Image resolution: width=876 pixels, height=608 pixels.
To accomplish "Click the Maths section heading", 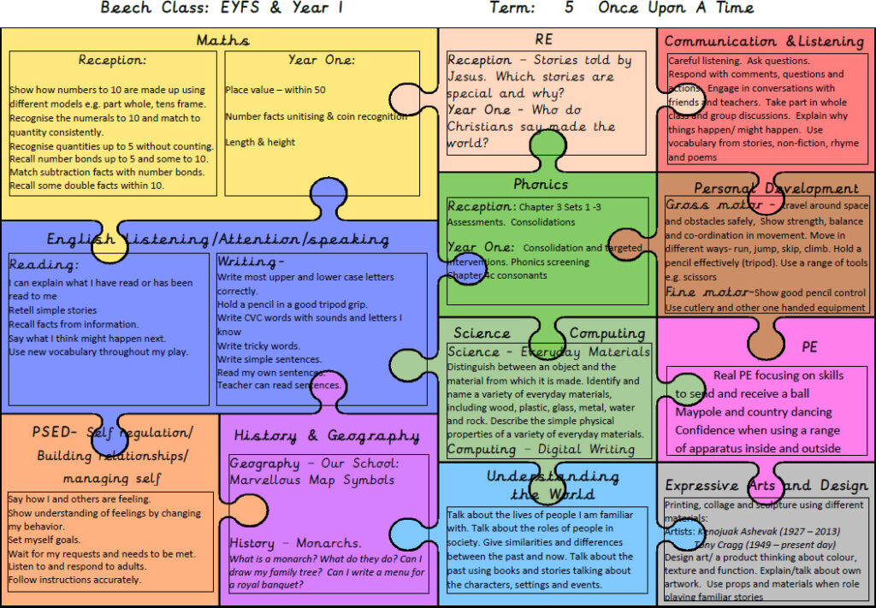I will coord(222,40).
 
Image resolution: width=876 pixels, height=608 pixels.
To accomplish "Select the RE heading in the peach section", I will coord(544,39).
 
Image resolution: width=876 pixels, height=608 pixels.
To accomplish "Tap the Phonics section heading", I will coord(541,184).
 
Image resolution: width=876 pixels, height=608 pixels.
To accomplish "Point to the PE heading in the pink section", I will coord(809,346).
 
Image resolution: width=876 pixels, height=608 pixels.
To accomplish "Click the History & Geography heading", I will coord(327,436).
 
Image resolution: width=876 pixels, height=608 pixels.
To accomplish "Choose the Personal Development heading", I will coord(776,188).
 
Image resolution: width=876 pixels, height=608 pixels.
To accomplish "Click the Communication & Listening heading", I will coord(764,41).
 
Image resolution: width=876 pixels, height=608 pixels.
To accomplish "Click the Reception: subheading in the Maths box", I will coord(112,60).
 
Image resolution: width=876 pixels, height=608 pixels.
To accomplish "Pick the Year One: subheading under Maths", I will coord(322,60).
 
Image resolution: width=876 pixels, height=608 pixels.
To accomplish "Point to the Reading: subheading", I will coord(44,265).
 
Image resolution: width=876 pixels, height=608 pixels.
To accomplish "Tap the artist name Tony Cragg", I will coord(729,544).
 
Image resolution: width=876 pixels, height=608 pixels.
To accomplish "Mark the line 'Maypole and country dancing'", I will coord(753,412).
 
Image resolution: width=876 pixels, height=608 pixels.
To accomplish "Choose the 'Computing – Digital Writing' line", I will coord(541,449).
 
